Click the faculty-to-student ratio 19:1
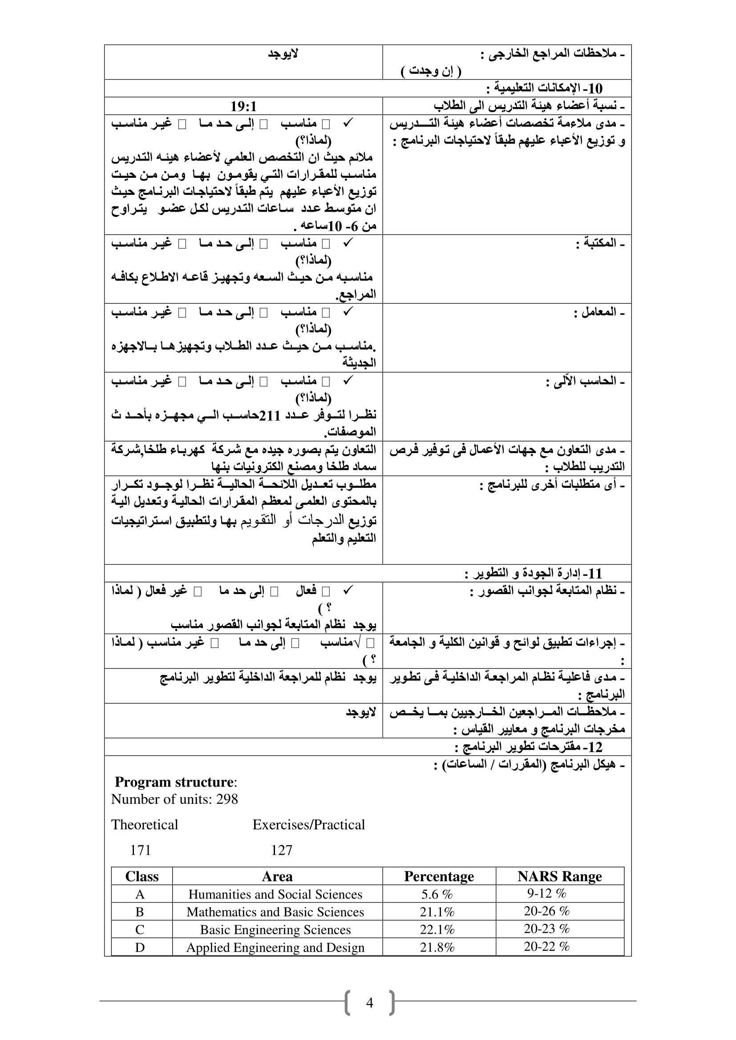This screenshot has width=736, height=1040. [243, 106]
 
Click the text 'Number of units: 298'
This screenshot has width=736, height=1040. [174, 799]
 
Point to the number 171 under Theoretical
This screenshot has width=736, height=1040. [141, 850]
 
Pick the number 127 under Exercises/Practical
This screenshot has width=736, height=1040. [281, 850]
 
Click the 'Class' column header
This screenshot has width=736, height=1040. [142, 876]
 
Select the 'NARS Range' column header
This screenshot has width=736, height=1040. [560, 876]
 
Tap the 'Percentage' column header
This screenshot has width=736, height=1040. [439, 876]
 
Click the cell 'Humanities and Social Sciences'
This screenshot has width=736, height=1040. [275, 894]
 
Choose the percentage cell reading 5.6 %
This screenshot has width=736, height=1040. [437, 894]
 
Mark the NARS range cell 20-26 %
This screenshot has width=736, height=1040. [546, 912]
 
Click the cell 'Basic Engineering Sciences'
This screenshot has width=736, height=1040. [275, 929]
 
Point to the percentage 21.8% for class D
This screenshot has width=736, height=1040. [437, 947]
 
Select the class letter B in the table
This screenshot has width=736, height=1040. [140, 912]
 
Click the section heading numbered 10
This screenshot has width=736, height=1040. [544, 88]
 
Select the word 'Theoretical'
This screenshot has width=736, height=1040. [145, 825]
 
